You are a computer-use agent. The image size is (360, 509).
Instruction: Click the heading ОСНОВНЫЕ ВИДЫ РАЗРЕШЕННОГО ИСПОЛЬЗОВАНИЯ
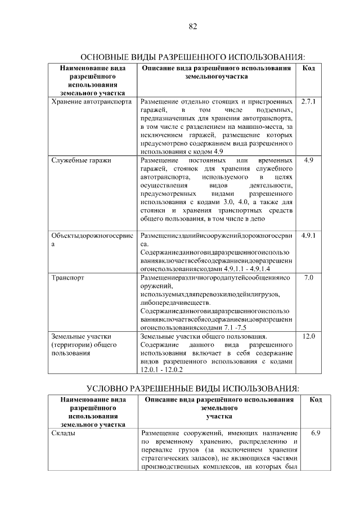[193, 57]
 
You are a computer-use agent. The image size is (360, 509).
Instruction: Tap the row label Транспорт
[68, 278]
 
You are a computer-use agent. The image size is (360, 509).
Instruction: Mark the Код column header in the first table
[309, 68]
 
